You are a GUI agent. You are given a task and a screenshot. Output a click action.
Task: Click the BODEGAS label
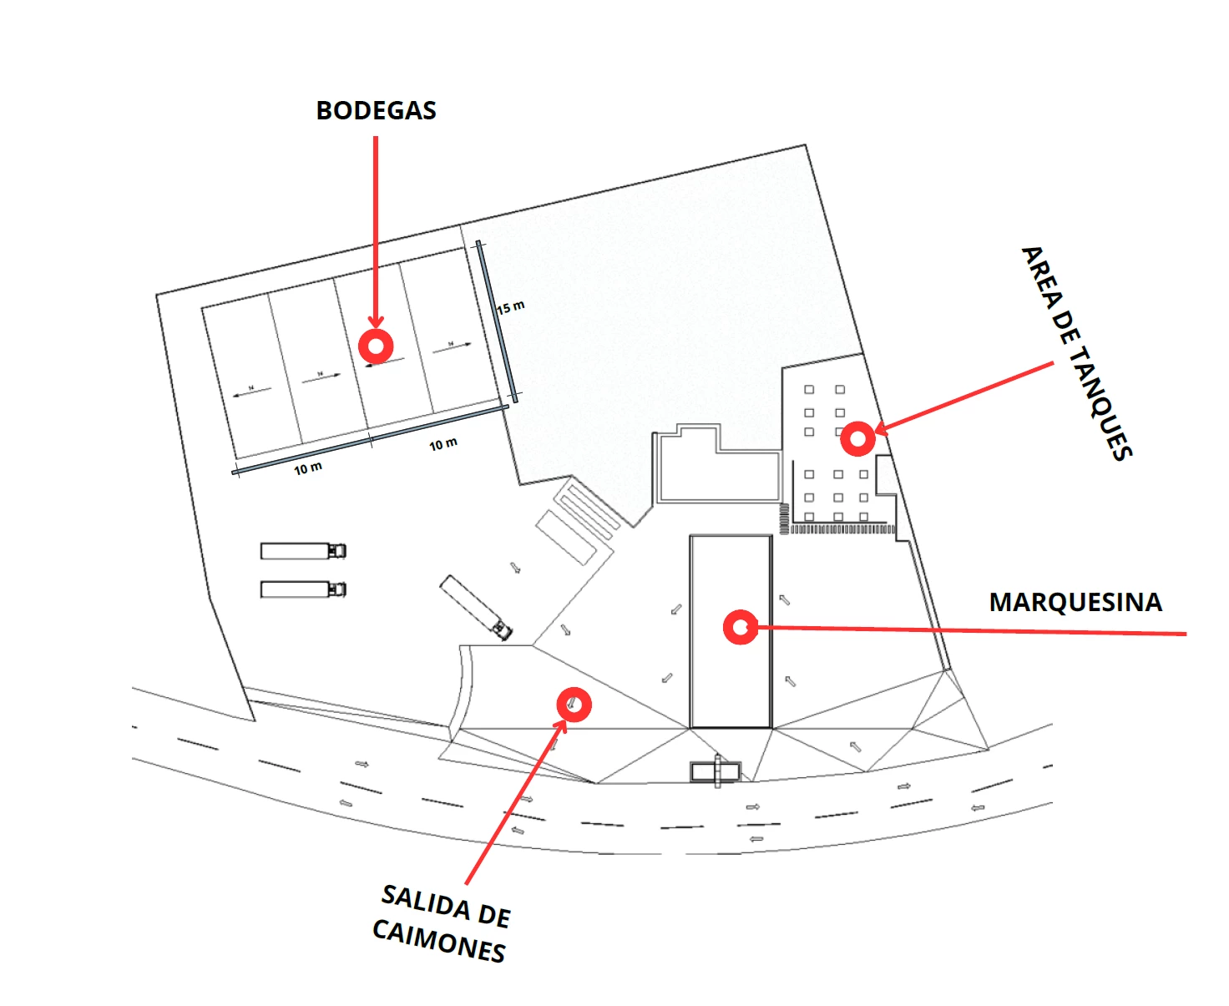coord(376,110)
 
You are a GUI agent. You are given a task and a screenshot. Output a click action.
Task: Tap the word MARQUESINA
coord(1075,602)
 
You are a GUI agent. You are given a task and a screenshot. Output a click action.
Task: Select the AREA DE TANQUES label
coord(1077,353)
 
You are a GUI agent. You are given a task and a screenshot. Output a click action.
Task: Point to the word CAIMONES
coord(438,941)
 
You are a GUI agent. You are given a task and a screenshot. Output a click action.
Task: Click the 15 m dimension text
coord(511,307)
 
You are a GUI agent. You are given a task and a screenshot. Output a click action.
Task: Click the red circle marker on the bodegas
coord(376,345)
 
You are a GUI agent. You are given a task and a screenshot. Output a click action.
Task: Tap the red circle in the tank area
coord(857,438)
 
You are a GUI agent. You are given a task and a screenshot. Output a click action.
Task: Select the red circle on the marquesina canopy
coord(741,627)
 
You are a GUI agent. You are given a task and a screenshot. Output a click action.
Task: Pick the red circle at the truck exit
coord(574,705)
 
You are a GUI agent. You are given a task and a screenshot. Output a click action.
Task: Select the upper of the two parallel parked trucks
coord(303,551)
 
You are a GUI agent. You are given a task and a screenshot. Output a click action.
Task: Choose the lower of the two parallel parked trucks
coord(303,589)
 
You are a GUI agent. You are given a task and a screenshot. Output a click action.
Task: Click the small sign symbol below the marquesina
coord(716,771)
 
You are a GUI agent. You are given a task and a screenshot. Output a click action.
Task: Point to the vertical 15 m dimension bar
coord(498,321)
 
